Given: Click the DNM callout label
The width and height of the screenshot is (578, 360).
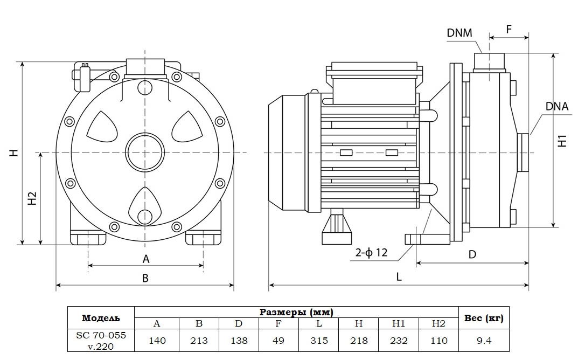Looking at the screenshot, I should click(x=459, y=33).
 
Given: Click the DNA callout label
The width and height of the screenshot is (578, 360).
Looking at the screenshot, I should click(x=556, y=106).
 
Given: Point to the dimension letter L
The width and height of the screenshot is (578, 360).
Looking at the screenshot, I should click(x=399, y=276).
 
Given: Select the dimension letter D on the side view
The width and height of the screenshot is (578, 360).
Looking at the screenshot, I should click(x=472, y=254).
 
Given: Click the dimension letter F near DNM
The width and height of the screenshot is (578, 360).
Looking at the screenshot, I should click(x=509, y=29).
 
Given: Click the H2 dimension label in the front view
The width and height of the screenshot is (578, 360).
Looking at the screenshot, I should click(x=32, y=198).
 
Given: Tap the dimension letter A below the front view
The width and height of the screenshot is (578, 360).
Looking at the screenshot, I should click(x=145, y=259).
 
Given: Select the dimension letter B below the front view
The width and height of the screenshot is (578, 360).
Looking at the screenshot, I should click(x=145, y=278).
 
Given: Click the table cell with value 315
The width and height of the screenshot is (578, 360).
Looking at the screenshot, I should click(x=319, y=341).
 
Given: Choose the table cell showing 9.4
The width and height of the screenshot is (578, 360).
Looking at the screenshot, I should click(x=483, y=341).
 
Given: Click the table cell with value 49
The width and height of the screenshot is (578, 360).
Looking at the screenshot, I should click(x=278, y=341).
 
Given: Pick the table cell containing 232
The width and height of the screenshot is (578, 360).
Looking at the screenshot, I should click(x=399, y=341).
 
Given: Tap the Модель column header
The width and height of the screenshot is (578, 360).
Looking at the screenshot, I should click(x=101, y=317).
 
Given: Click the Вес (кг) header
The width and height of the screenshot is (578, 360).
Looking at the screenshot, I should click(x=483, y=318).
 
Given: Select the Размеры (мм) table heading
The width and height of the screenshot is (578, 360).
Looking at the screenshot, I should click(x=296, y=312).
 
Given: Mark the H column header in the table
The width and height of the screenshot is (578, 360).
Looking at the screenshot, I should click(x=359, y=323).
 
